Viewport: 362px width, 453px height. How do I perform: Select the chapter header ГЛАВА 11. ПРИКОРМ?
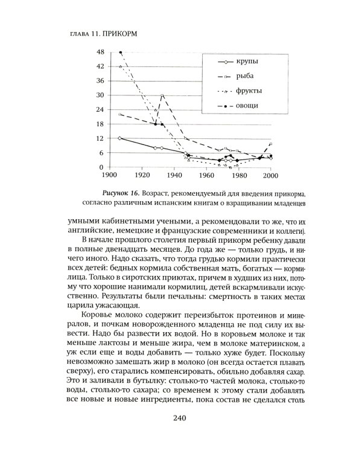tap(99, 33)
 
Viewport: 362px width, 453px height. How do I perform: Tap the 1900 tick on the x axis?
tap(109, 176)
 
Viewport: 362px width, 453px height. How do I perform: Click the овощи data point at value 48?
tap(121, 53)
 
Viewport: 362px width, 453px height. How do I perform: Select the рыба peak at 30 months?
tap(162, 95)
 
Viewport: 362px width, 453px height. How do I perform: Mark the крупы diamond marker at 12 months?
tap(121, 138)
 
